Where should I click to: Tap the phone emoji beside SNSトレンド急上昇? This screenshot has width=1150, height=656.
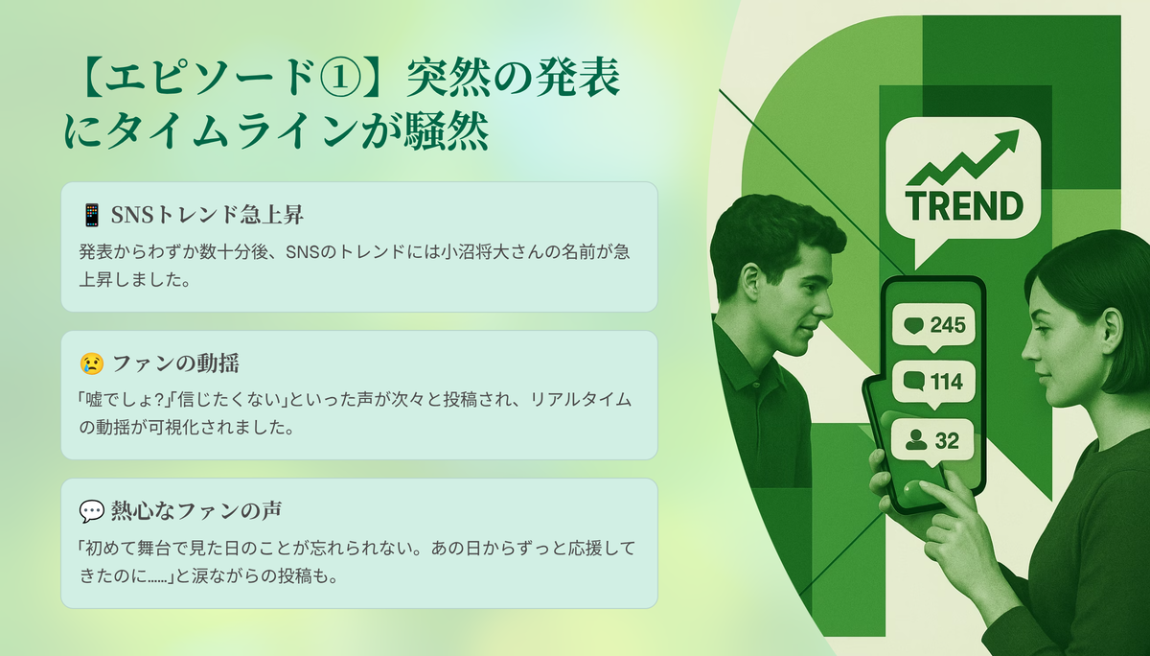coord(92,215)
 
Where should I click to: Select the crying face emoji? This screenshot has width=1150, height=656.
coord(92,363)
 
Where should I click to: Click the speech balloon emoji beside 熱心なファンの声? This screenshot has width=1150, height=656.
coord(92,511)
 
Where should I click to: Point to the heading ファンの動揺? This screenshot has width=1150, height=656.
coord(175,363)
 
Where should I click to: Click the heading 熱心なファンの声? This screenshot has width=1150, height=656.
coord(196,511)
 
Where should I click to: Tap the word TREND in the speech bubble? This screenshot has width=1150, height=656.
coord(965,206)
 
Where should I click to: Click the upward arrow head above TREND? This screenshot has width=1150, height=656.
coord(1007,139)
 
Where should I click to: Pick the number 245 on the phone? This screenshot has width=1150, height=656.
coord(948,325)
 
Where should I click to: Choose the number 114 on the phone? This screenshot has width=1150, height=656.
coord(947,383)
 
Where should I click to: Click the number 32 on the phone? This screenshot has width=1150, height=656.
coord(947,441)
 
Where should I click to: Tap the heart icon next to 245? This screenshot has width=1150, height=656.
coord(914,326)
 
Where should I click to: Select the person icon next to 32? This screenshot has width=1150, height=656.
coord(916,439)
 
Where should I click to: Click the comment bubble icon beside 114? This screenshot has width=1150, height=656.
coord(914,382)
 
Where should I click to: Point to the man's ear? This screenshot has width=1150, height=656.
coord(751,282)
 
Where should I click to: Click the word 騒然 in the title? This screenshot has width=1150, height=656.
coord(447,131)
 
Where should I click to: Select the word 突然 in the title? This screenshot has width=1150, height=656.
coord(449,78)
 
